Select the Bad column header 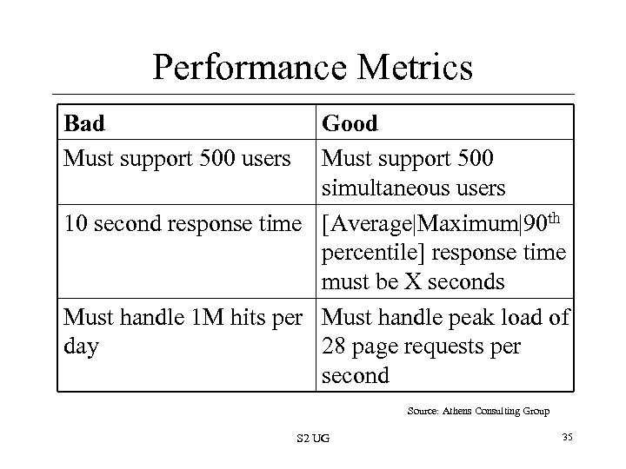click(x=84, y=123)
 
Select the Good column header click(x=350, y=123)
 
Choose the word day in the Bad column click(x=81, y=347)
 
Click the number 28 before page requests click(x=335, y=347)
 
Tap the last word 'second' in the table click(x=356, y=375)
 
